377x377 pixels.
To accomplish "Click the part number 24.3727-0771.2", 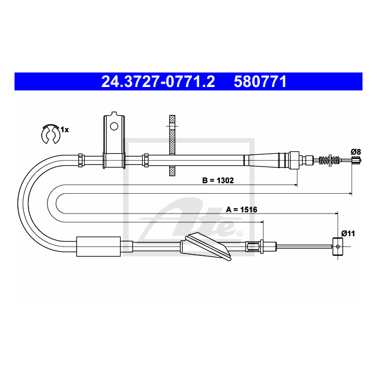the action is pos(158,82).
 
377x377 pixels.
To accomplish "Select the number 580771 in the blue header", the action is pos(260,82).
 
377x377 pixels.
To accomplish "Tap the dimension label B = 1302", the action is pos(218,180).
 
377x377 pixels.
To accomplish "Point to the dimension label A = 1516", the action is pos(241,209).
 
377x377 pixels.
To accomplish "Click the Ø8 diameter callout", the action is pos(356,152).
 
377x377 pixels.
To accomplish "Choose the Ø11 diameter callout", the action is pos(348,234).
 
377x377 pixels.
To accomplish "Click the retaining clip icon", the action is pos(50,134).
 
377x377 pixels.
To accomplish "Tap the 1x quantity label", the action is pos(64,130).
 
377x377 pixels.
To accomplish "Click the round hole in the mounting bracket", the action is pos(114,126).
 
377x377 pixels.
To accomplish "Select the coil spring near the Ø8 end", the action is pos(329,159).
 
